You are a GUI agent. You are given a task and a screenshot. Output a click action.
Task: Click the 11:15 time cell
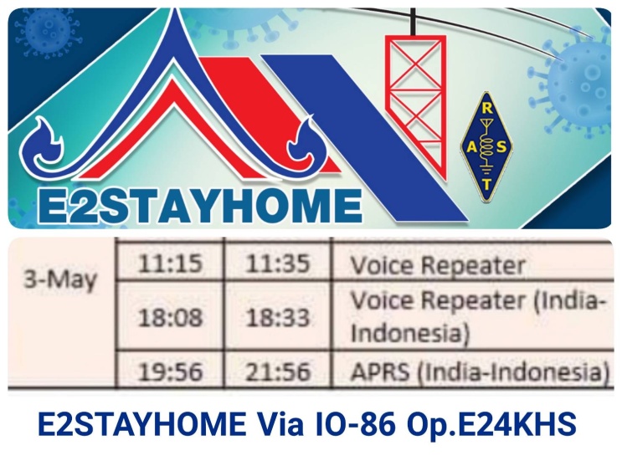pos(170,264)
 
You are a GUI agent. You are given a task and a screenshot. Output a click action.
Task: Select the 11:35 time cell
pos(277,264)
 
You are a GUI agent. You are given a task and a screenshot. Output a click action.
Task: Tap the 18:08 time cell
pos(170,318)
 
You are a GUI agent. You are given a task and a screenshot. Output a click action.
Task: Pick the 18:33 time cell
pos(277,318)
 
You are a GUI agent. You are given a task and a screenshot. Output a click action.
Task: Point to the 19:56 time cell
pos(170,372)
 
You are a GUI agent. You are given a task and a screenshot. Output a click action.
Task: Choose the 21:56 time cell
pos(277,372)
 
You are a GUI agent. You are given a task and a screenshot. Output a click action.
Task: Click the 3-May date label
pos(60,279)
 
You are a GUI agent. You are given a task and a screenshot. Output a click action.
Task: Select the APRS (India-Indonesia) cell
pos(480,372)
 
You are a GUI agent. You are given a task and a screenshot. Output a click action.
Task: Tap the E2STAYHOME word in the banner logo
pos(200,207)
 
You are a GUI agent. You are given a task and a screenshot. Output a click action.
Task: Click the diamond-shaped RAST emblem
pos(486,146)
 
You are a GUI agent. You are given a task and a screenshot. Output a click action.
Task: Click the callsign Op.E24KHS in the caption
pos(491,424)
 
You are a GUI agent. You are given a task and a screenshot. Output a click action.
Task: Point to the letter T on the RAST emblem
pos(487,184)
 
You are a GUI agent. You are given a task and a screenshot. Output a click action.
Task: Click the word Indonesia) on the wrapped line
pos(410,333)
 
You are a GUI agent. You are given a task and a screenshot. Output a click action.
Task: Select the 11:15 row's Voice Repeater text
pos(439,265)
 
